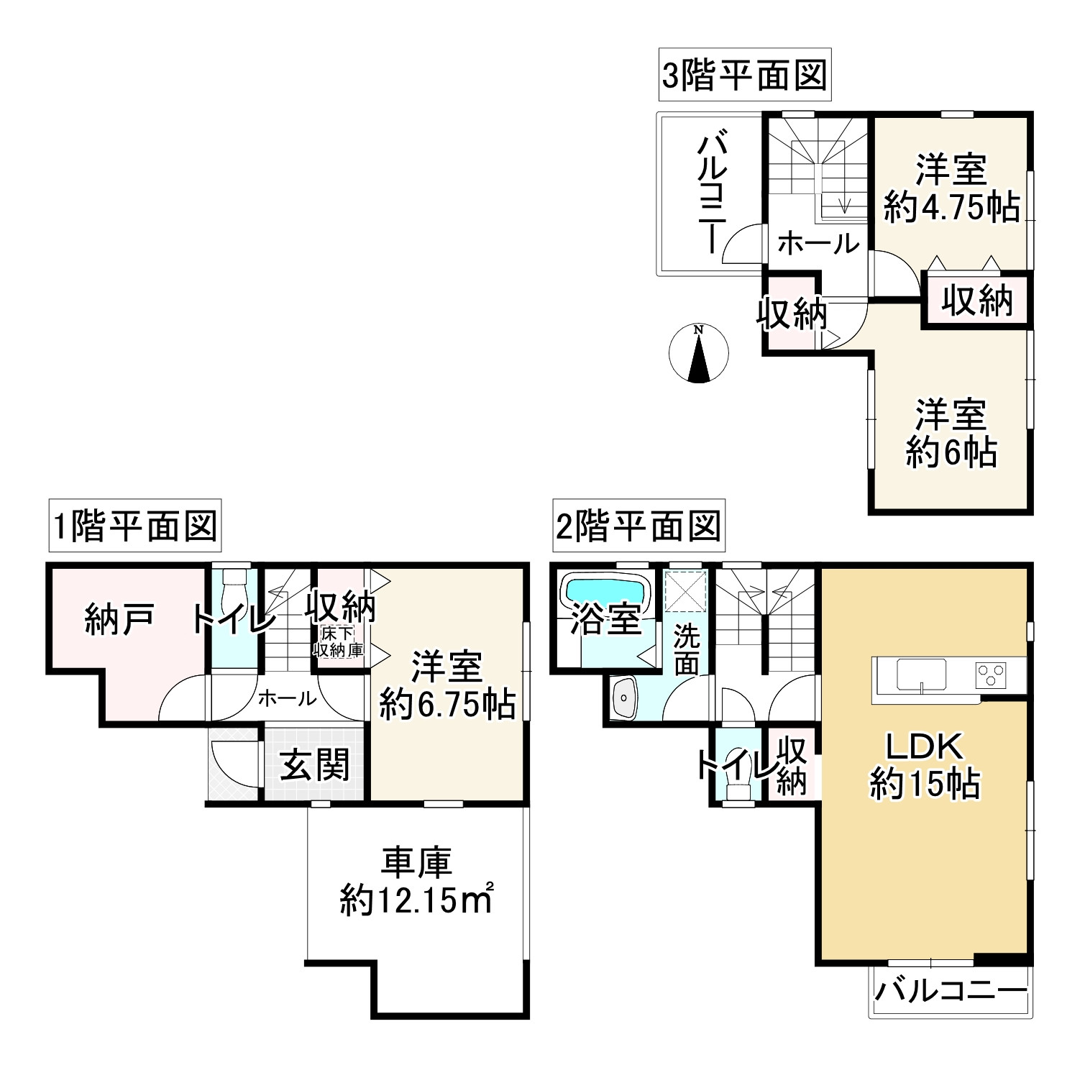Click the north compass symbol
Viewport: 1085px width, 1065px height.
click(x=698, y=353)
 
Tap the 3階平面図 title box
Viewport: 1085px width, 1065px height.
click(x=744, y=75)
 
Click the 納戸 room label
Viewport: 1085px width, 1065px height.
click(x=119, y=619)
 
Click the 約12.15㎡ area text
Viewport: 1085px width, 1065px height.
click(x=416, y=900)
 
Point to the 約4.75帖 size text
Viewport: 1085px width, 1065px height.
click(x=951, y=208)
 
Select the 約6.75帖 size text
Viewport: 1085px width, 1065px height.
click(x=447, y=706)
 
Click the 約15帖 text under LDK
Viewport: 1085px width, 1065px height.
click(x=925, y=783)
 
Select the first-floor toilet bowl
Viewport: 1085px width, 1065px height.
click(x=234, y=592)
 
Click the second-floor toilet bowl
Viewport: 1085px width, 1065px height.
click(x=736, y=779)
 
